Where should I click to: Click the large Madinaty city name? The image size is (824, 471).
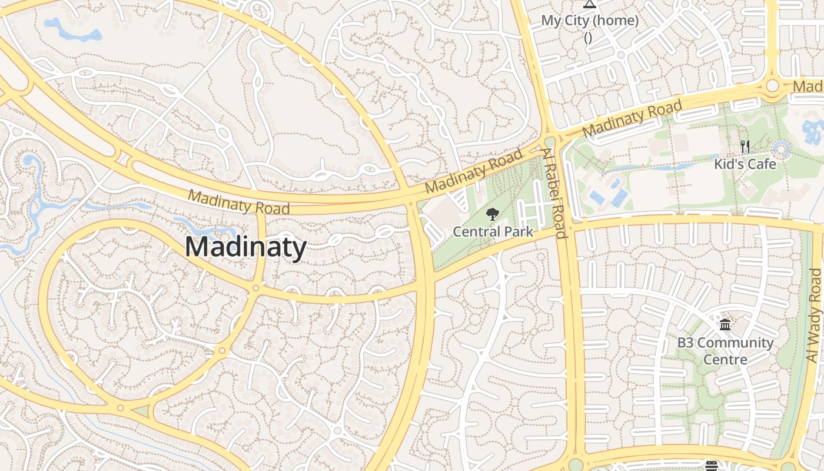click(x=245, y=247)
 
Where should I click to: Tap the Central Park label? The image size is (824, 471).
click(x=493, y=231)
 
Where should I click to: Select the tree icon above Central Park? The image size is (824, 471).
click(x=493, y=215)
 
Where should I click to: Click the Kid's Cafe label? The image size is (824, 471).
click(x=745, y=164)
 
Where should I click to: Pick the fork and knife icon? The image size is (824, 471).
click(x=745, y=147)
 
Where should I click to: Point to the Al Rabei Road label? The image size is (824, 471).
click(x=554, y=193)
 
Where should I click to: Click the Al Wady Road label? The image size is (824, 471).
click(x=814, y=316)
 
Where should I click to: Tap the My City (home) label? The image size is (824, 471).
click(x=590, y=21)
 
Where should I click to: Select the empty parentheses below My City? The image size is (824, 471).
click(x=588, y=38)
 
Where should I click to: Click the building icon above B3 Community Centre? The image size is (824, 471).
click(x=725, y=325)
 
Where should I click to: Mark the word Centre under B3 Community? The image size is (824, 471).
click(x=725, y=359)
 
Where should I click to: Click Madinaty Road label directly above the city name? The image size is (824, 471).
click(x=239, y=203)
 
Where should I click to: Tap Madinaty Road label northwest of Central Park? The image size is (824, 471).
click(x=474, y=171)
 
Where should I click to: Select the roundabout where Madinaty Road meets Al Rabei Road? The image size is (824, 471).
click(x=550, y=142)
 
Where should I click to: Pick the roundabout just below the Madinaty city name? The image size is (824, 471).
click(x=255, y=288)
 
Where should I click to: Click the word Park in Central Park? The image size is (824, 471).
click(x=519, y=231)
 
